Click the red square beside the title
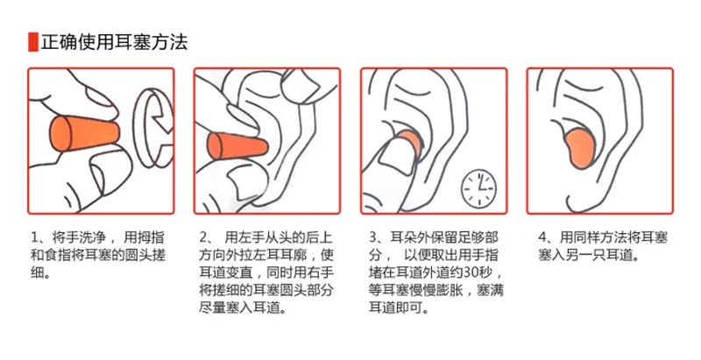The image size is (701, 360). [33, 42]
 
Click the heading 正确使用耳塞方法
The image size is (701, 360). [114, 42]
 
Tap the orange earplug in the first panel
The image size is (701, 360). [84, 133]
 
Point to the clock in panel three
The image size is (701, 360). [478, 188]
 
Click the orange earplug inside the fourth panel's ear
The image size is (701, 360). [581, 148]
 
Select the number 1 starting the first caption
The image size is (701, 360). [34, 237]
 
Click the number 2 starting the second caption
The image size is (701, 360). [203, 237]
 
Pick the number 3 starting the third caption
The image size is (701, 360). [373, 237]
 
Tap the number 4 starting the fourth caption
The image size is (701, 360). [542, 237]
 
